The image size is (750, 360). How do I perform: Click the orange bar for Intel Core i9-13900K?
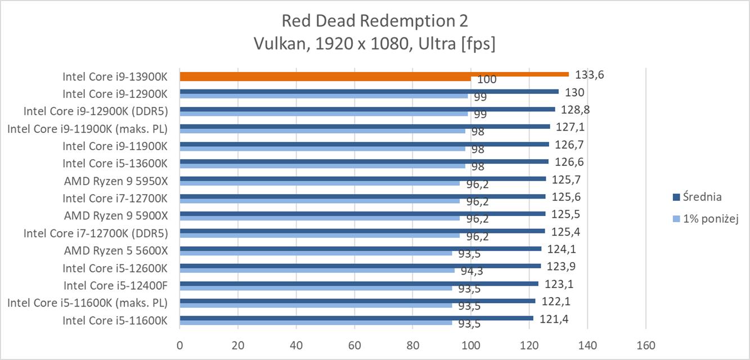pyautogui.click(x=374, y=74)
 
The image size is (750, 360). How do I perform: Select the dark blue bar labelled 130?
pyautogui.click(x=369, y=91)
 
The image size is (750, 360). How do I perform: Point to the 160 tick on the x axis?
pyautogui.click(x=645, y=346)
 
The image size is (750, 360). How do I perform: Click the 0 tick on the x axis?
pyautogui.click(x=180, y=346)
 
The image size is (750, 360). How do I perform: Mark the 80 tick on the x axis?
pyautogui.click(x=413, y=346)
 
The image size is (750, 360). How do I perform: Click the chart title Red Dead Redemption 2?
pyautogui.click(x=374, y=21)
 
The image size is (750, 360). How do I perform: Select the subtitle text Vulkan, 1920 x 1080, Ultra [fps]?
pyautogui.click(x=374, y=44)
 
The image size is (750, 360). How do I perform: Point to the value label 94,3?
pyautogui.click(x=473, y=272)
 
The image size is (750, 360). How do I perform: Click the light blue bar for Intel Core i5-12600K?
pyautogui.click(x=317, y=271)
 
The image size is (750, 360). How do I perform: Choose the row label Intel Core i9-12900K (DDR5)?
pyautogui.click(x=96, y=110)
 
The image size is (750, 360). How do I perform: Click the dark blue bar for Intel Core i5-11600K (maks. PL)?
pyautogui.click(x=357, y=301)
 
